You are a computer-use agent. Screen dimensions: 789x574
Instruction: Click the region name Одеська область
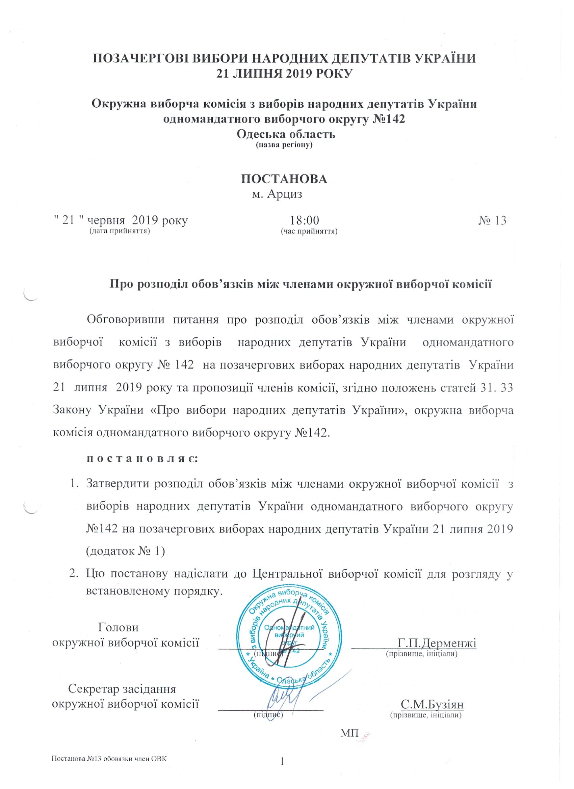[x=286, y=134]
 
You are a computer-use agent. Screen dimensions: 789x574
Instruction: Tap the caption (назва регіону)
[x=284, y=144]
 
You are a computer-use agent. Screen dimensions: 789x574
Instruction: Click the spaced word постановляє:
[x=142, y=459]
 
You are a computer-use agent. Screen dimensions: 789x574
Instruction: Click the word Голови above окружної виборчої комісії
[x=119, y=627]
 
